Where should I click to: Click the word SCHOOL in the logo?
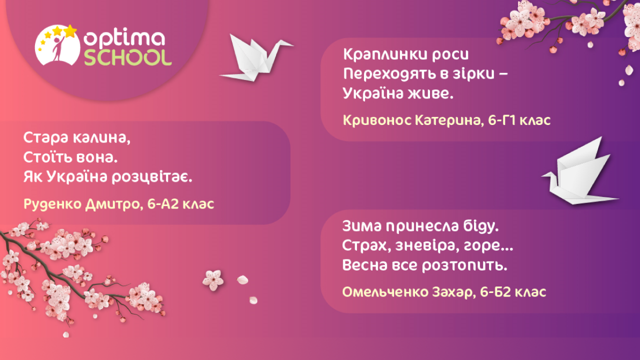click(127, 57)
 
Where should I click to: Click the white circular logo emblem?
click(57, 45)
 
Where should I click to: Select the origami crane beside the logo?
click(256, 58)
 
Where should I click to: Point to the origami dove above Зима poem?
click(580, 174)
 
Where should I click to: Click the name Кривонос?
click(377, 120)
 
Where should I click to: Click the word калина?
click(101, 138)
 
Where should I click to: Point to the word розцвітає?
click(151, 177)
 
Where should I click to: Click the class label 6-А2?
click(163, 203)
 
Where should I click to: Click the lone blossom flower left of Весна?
click(213, 280)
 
